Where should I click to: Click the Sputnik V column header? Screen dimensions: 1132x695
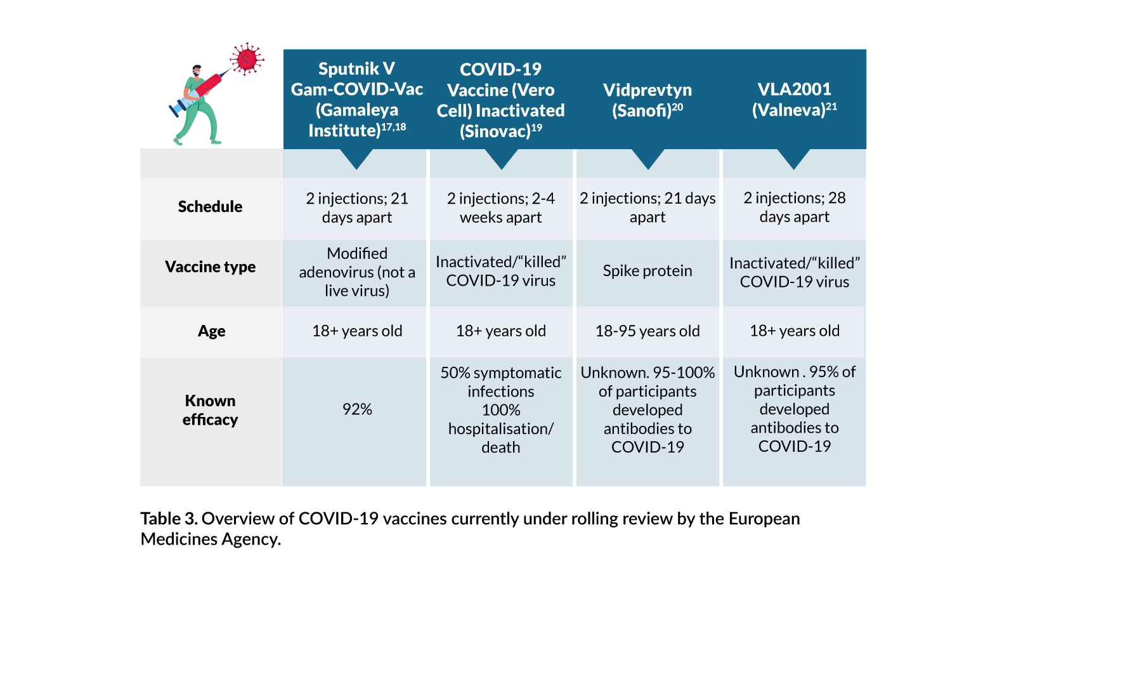(x=356, y=99)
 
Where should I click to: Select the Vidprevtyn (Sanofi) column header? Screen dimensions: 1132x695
(x=647, y=100)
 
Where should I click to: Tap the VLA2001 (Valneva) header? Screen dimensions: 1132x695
(x=794, y=99)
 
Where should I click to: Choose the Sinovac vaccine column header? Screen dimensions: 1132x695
(x=500, y=100)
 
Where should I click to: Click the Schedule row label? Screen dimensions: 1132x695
(x=210, y=206)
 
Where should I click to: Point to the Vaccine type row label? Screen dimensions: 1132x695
(x=210, y=267)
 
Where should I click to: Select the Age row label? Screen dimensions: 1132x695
(x=211, y=331)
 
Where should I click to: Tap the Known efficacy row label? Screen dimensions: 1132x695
(x=210, y=410)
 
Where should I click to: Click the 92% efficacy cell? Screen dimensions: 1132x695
(x=357, y=409)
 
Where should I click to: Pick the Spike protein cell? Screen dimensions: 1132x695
(x=647, y=270)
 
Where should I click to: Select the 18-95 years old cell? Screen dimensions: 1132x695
(x=647, y=331)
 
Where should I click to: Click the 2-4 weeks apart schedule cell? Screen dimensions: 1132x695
(x=500, y=208)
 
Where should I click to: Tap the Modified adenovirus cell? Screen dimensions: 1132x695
(x=357, y=272)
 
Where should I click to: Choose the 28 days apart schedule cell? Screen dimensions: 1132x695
(x=794, y=207)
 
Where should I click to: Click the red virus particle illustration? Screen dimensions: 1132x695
(x=247, y=60)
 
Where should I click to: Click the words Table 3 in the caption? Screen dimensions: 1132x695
(x=169, y=519)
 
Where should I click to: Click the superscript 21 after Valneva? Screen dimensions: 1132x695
(x=831, y=107)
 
